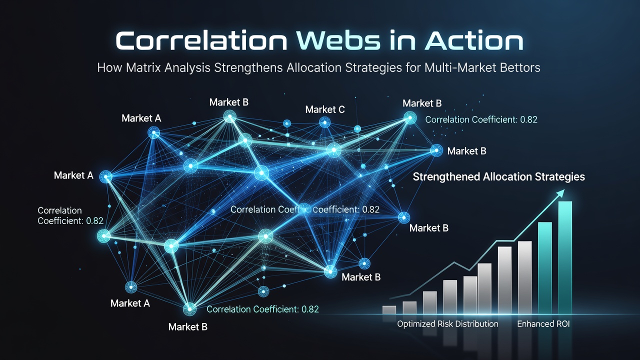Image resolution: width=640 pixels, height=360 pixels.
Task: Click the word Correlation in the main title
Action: (201, 41)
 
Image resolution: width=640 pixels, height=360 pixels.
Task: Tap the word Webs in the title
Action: (339, 41)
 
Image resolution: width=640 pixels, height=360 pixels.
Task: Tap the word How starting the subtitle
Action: (109, 67)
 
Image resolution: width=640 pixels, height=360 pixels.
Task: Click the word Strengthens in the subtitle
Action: (248, 68)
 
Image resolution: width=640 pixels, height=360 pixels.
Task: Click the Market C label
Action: (325, 109)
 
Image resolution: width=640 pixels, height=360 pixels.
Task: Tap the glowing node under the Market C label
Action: (324, 123)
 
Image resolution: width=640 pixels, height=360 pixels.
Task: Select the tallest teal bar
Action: (565, 257)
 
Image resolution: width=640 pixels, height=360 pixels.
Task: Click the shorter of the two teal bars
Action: (545, 268)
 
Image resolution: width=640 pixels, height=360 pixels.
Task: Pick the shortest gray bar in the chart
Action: (389, 310)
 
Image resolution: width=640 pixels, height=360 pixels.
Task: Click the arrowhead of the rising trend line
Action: (560, 193)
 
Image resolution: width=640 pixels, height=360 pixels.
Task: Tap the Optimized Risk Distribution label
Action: (447, 324)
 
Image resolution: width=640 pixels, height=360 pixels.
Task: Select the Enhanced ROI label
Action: (543, 324)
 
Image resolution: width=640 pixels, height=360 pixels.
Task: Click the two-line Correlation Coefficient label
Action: (70, 215)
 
